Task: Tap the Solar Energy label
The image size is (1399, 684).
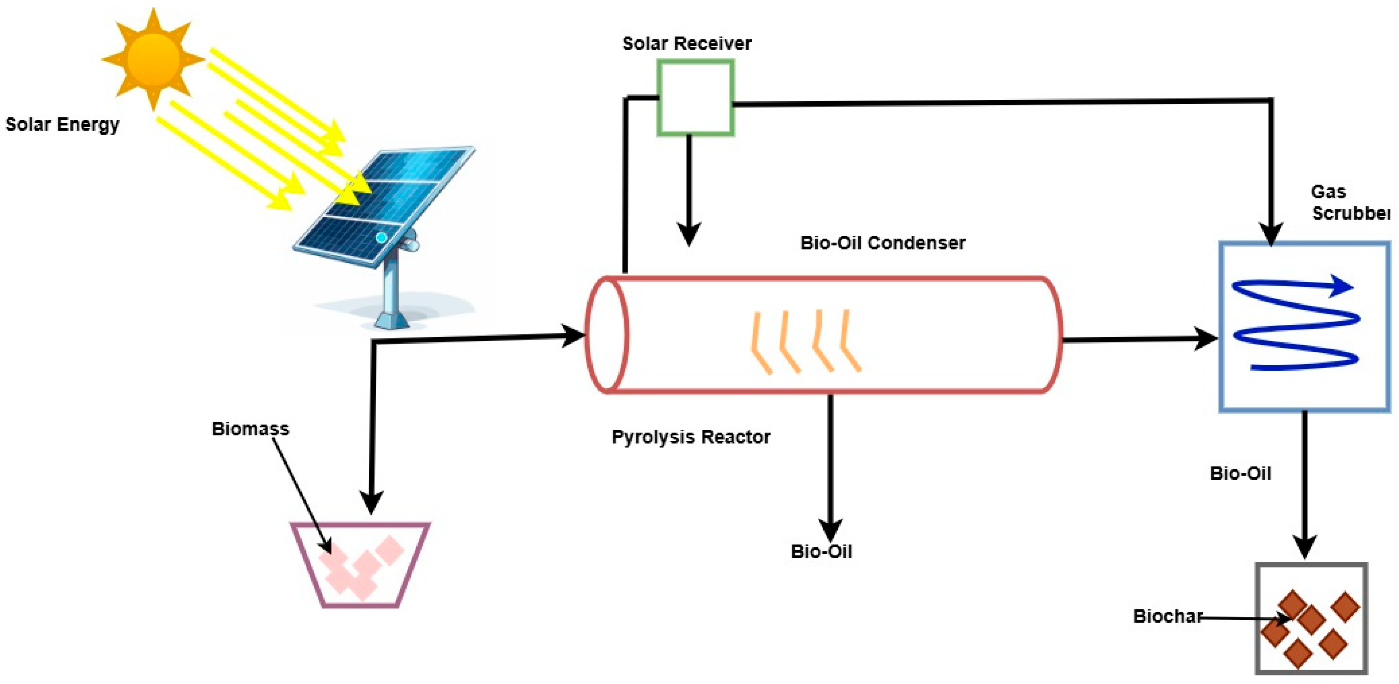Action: tap(62, 125)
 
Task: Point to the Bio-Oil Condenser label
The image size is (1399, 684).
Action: tap(883, 243)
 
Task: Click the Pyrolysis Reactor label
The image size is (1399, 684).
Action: tap(690, 437)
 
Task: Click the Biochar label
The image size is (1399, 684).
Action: tap(1167, 616)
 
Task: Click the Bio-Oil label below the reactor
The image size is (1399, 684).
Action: tap(821, 552)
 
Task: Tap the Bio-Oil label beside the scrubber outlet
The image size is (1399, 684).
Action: tap(1240, 473)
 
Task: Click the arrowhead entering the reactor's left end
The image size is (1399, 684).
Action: tap(573, 336)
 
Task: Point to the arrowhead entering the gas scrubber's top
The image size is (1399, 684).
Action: tap(1271, 234)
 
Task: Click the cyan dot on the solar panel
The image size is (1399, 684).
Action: tap(381, 238)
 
